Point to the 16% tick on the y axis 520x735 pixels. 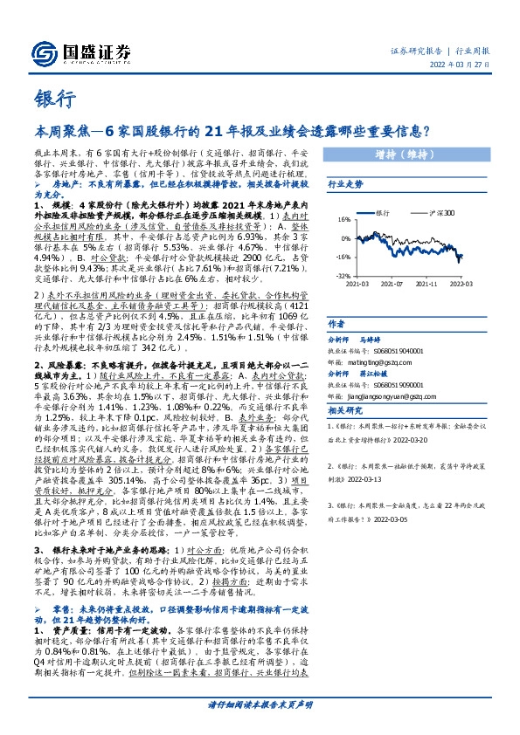click(343, 219)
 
